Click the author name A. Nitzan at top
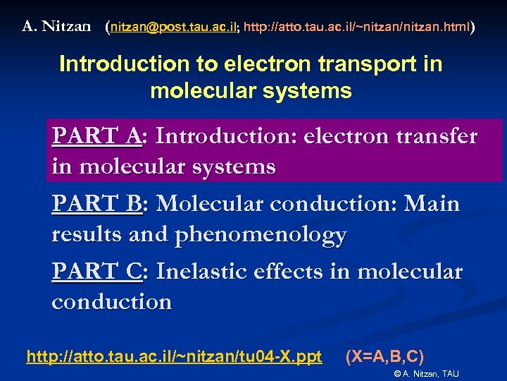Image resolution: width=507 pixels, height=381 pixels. point(57,27)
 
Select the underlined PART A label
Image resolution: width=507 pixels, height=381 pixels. point(96,135)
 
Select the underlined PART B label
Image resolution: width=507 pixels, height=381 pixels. point(96,203)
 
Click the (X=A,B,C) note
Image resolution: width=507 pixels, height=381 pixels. point(384,356)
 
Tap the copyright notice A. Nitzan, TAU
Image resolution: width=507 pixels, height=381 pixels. point(426,373)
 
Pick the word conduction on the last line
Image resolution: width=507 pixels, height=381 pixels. point(111,301)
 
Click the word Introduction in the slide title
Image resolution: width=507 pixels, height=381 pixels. point(117,64)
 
